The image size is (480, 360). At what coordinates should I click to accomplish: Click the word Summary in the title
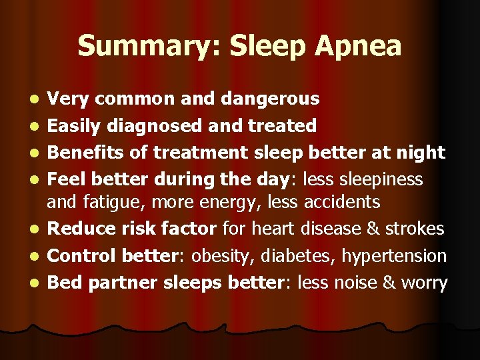(132, 47)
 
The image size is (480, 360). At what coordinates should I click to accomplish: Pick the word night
(421, 152)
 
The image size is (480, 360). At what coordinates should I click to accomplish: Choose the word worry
(424, 283)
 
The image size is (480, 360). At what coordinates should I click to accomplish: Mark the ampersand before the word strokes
(371, 229)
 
